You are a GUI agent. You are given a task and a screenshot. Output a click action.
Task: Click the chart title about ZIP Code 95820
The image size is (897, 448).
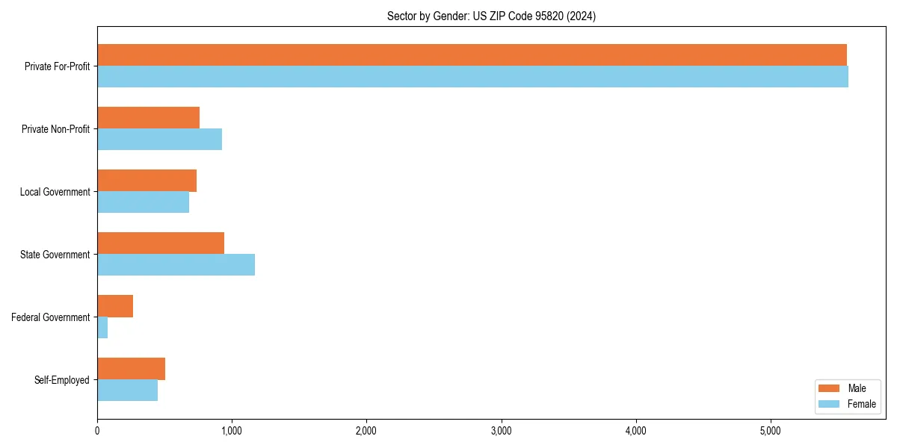491,16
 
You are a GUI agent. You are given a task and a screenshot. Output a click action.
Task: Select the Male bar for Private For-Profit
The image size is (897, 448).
472,55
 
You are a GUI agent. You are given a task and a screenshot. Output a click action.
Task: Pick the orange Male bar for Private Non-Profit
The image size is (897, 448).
148,118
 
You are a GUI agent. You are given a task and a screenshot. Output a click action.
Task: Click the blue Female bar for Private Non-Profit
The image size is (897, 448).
159,140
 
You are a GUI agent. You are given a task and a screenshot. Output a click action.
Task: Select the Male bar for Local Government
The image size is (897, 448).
147,181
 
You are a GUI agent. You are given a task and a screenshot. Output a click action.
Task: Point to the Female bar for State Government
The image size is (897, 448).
176,265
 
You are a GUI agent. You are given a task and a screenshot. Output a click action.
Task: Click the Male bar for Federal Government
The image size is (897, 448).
115,306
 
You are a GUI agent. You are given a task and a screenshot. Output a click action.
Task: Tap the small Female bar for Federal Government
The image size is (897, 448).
102,328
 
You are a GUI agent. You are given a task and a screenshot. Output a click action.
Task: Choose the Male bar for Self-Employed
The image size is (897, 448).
131,369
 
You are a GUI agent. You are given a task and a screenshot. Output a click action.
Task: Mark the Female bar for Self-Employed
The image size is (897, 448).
127,391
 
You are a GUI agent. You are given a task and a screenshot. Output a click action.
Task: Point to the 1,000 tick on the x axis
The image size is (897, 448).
232,431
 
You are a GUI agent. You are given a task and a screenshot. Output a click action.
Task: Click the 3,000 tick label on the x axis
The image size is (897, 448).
501,431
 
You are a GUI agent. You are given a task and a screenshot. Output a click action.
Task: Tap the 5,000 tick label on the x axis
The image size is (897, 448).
770,431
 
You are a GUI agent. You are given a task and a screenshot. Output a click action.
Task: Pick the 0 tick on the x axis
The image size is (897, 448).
97,431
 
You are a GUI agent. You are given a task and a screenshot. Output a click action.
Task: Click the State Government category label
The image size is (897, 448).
55,255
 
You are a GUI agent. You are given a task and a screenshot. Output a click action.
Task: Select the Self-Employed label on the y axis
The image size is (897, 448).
61,380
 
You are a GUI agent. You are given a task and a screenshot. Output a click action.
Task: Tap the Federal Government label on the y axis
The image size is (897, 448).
50,317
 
